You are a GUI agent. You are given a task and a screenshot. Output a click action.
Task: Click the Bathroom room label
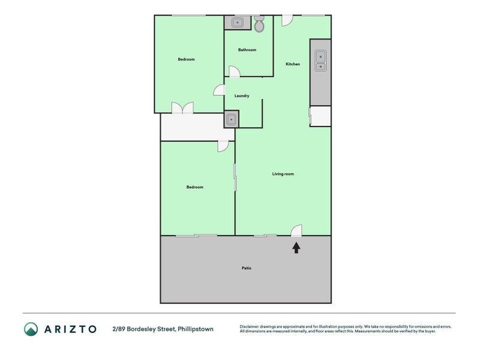point(247,50)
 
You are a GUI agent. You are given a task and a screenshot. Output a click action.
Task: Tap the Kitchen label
point(292,64)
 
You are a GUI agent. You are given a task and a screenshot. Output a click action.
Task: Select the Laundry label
point(242,96)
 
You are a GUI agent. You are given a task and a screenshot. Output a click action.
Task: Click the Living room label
point(283,174)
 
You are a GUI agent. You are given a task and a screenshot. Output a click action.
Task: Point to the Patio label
point(246,268)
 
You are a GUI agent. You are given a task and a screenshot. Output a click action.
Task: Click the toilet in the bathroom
point(259,25)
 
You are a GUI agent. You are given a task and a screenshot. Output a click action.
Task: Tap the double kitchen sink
point(320,59)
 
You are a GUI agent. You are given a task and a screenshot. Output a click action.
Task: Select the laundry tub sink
point(231,119)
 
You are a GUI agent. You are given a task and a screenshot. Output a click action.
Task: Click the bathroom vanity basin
point(238,23)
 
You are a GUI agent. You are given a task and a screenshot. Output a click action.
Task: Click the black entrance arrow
point(296,247)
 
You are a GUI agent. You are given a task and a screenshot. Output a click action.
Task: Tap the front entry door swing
point(296,230)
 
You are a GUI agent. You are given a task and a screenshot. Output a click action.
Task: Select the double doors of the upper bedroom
point(182,108)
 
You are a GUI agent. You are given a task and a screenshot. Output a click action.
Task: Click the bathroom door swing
point(235,71)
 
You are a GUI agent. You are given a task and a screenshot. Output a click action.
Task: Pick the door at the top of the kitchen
point(287,20)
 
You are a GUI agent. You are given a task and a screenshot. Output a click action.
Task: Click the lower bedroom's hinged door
point(223,146)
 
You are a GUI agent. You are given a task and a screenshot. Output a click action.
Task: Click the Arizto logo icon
point(31,329)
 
